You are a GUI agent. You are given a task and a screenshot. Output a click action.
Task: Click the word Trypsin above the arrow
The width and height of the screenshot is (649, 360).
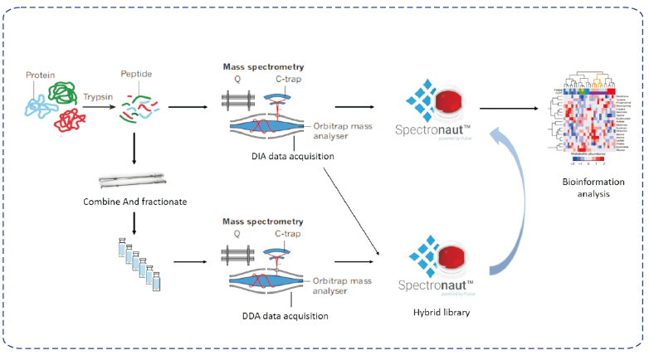(x=99, y=97)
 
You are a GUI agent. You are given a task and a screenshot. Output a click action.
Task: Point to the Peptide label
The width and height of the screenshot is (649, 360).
(x=136, y=74)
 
